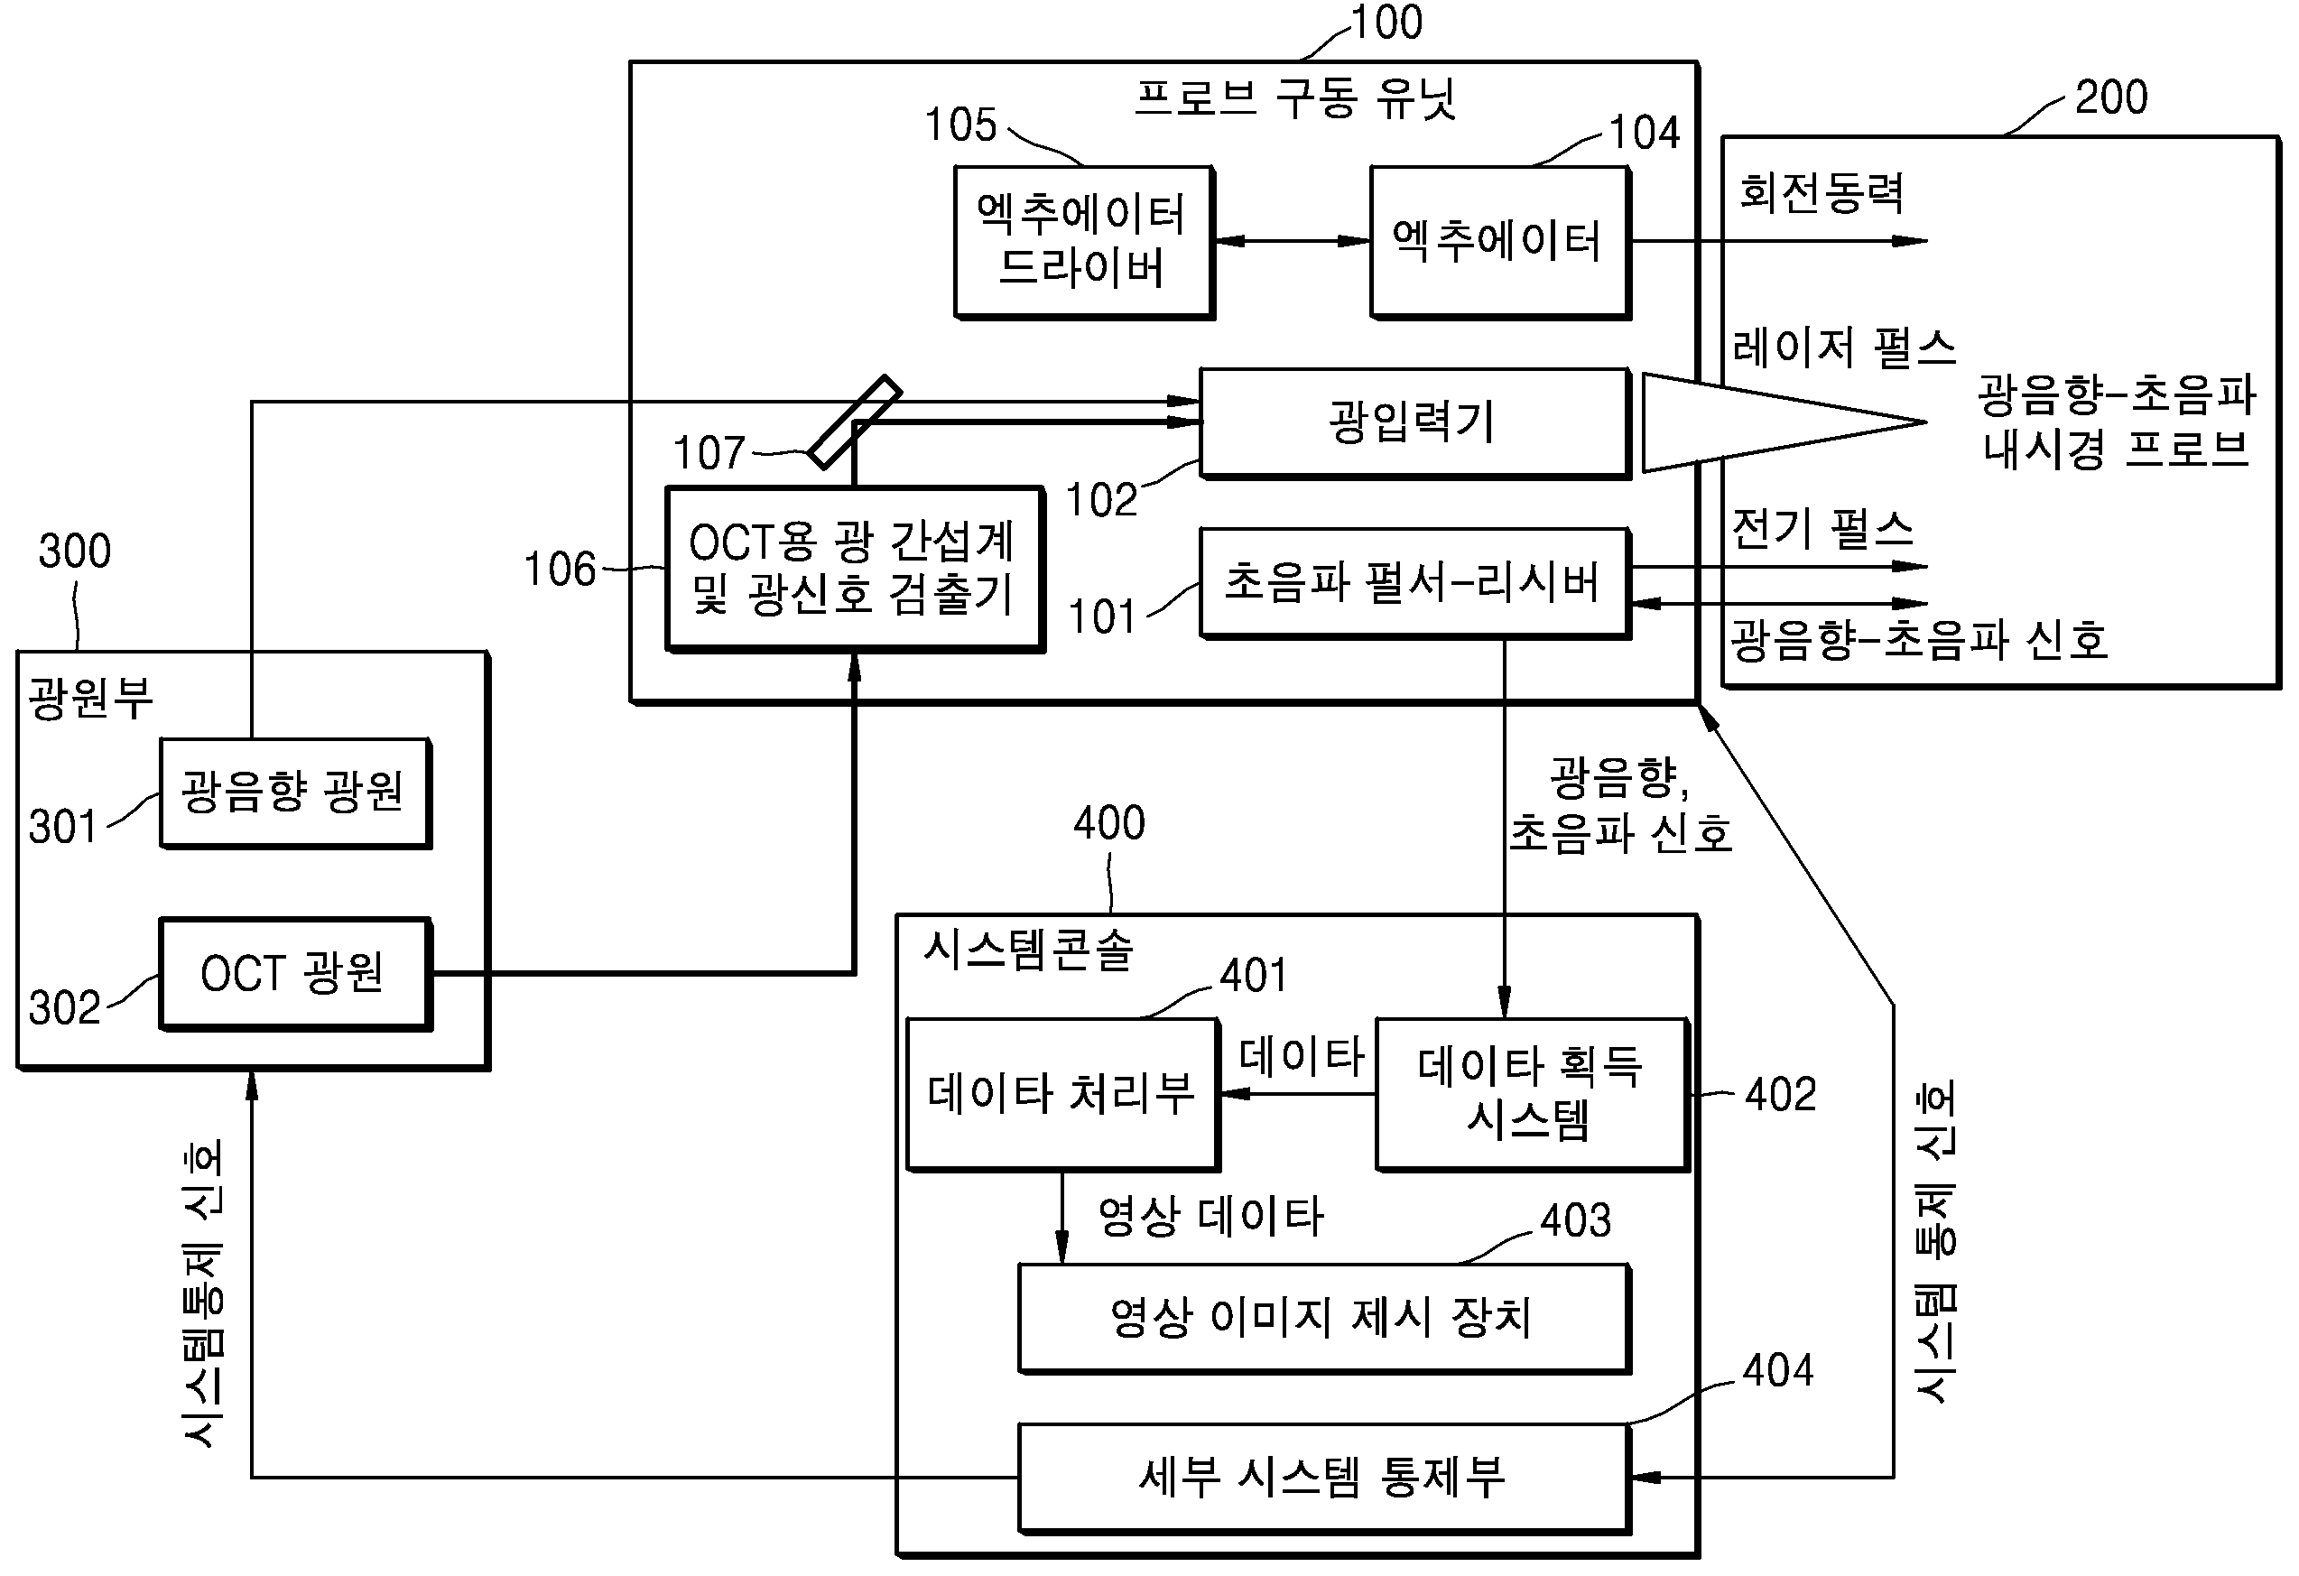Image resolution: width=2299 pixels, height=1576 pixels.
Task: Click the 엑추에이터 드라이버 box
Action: coord(1084,243)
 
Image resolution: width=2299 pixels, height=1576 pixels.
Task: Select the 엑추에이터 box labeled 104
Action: coord(1499,243)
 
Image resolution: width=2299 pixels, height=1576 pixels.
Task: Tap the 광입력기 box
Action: coord(1414,423)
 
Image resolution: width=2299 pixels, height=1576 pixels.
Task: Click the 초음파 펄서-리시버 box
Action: coord(1414,583)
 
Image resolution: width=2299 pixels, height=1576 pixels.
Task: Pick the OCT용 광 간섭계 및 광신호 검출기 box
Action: coord(855,569)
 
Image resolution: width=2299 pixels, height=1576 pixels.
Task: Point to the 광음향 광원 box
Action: coord(295,793)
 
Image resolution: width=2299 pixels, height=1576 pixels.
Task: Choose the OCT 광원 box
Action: coord(295,974)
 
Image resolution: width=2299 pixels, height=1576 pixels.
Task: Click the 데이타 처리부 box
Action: coord(1062,1094)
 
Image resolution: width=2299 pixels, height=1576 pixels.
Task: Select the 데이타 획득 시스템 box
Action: coord(1532,1094)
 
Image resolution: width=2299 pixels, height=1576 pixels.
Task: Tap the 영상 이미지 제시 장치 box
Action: coord(1323,1318)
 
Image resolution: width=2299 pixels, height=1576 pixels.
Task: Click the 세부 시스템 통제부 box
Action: coord(1323,1478)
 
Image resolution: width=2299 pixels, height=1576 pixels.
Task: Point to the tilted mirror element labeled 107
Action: coord(855,422)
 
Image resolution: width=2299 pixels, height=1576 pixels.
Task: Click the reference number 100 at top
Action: coord(1386,22)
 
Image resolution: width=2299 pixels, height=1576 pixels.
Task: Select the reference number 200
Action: coord(2111,97)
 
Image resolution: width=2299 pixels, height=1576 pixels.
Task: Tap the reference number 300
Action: coord(75,550)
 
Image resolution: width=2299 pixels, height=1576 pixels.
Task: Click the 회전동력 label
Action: coord(1822,192)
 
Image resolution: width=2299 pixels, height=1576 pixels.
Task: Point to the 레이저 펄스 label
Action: coord(1844,348)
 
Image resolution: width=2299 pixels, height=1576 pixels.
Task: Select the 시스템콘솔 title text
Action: coord(1028,949)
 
